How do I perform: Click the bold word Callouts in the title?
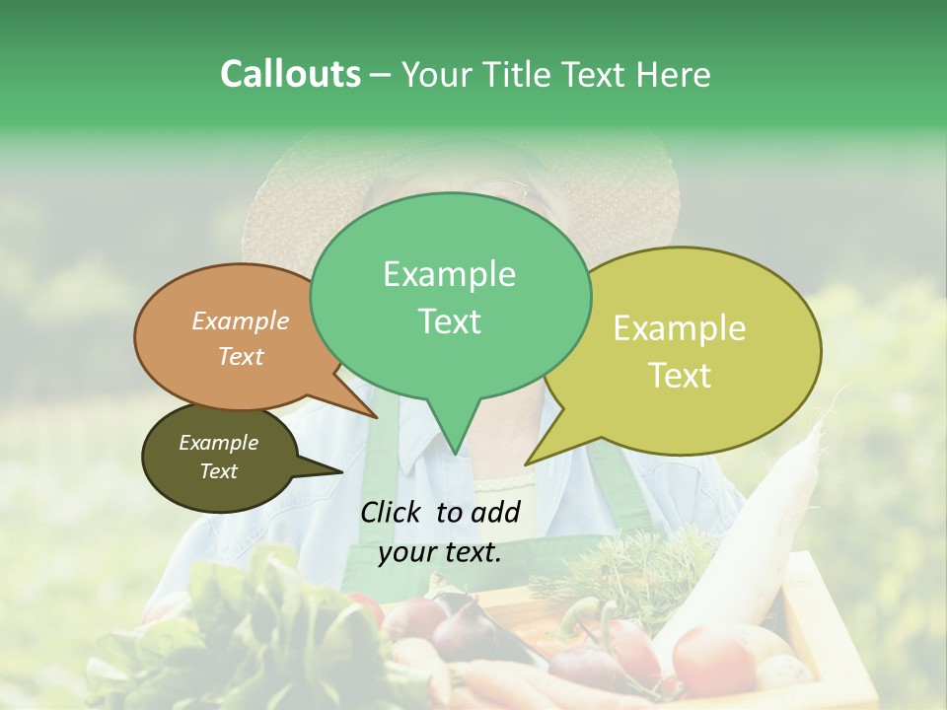pos(290,74)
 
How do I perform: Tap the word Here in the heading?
pos(674,74)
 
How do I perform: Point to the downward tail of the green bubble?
pos(455,429)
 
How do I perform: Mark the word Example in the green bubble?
pos(450,274)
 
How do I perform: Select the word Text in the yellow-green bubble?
pos(681,376)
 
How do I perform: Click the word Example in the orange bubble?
pos(241,321)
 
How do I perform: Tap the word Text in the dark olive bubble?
pos(219,471)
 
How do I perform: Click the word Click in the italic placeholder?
pos(393,512)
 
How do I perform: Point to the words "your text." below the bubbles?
pos(440,552)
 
